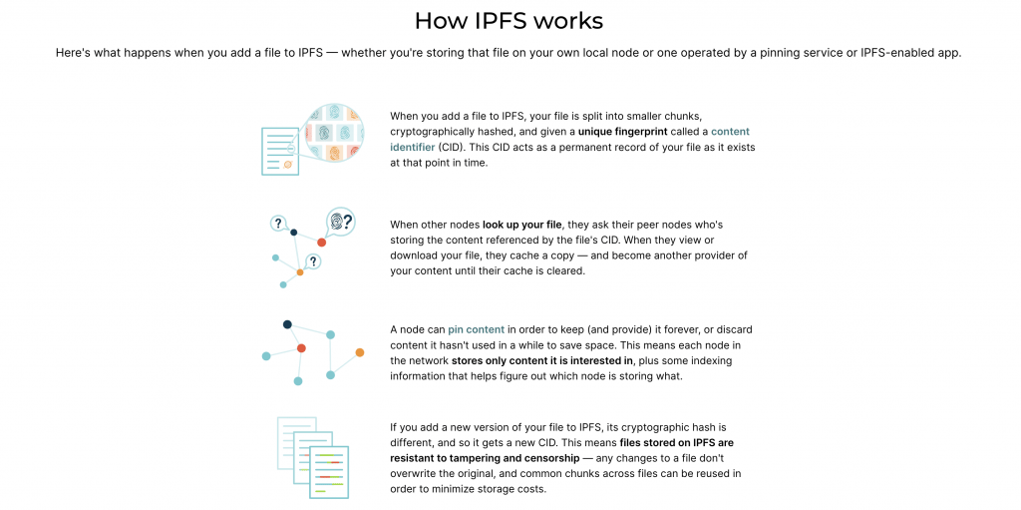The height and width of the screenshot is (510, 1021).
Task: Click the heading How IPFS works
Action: pyautogui.click(x=509, y=21)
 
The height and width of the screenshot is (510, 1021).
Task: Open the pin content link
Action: pyautogui.click(x=476, y=329)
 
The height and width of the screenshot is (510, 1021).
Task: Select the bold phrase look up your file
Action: pyautogui.click(x=521, y=225)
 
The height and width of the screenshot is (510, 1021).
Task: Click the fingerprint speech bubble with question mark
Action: pyautogui.click(x=341, y=222)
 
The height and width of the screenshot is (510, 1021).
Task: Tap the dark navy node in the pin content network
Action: pyautogui.click(x=287, y=324)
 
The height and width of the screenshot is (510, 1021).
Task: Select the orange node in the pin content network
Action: pyautogui.click(x=359, y=353)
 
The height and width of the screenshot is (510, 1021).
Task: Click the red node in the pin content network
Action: pyautogui.click(x=301, y=348)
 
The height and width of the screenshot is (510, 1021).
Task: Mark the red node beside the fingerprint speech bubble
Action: pyautogui.click(x=322, y=243)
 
